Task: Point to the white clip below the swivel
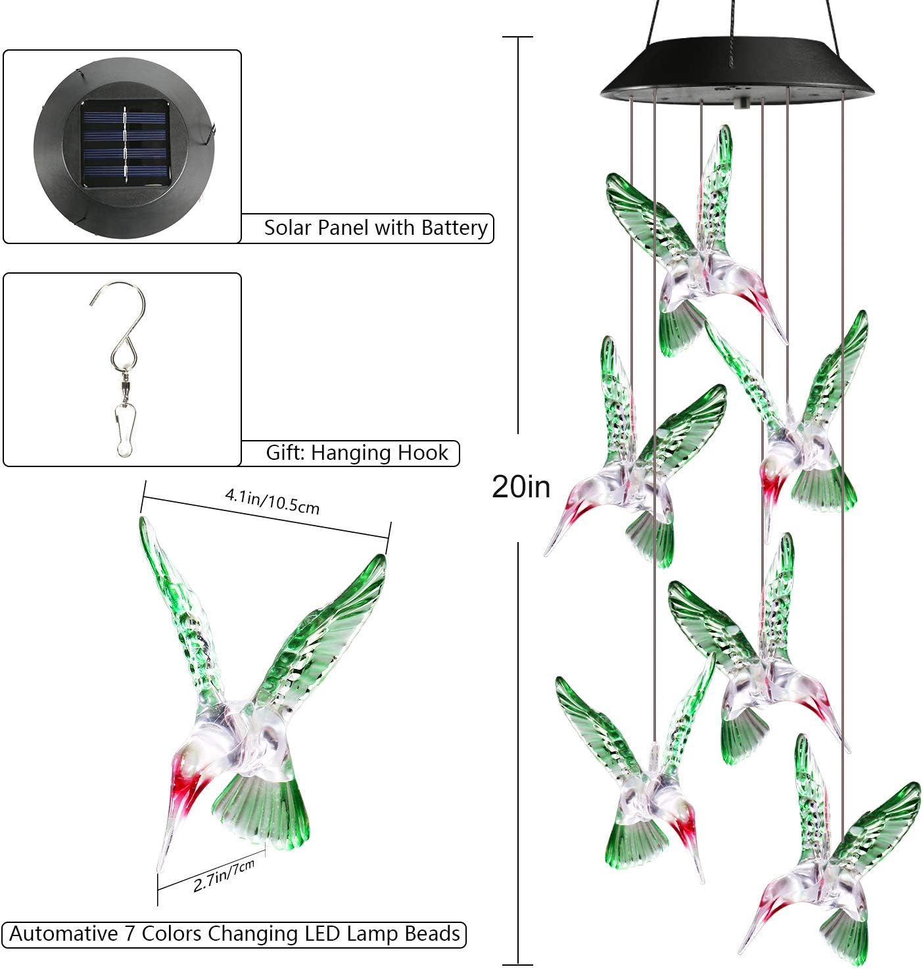pos(122,431)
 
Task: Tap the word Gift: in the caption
pos(286,453)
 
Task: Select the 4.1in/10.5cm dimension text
pos(272,501)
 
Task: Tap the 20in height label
pos(521,487)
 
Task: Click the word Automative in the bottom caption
pos(63,934)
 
